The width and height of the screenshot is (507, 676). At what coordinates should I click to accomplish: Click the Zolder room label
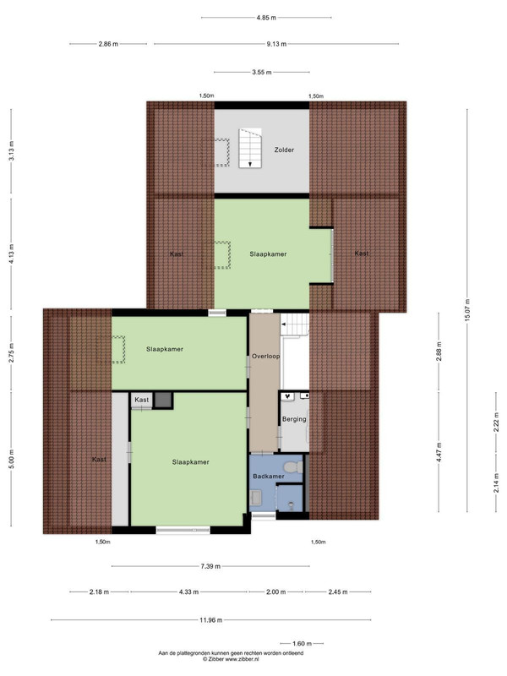click(284, 150)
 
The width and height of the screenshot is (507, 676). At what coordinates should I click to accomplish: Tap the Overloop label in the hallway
click(265, 356)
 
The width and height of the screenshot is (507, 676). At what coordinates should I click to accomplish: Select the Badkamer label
click(269, 477)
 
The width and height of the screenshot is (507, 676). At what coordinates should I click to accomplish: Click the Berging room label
click(294, 419)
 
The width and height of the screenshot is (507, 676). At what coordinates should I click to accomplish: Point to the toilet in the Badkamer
click(294, 466)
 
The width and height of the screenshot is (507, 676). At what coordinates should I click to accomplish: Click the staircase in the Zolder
click(250, 148)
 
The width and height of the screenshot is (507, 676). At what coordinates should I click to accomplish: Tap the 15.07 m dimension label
click(467, 310)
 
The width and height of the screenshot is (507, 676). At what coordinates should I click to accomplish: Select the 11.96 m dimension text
click(210, 620)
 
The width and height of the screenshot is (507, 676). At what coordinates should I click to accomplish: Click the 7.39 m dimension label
click(210, 566)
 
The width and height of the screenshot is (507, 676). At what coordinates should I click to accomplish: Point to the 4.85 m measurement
click(266, 18)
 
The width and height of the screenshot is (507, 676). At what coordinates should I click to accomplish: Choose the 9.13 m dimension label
click(276, 44)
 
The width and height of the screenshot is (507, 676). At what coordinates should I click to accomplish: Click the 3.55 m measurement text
click(262, 72)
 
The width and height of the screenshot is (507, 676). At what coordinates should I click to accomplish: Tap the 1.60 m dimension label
click(302, 644)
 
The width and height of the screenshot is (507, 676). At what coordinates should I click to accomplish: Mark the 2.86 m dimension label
click(108, 44)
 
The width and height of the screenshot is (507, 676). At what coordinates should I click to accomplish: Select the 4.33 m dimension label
click(188, 592)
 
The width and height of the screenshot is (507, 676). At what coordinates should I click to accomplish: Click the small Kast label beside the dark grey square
click(141, 400)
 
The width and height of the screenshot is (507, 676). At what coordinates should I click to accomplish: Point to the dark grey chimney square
click(163, 400)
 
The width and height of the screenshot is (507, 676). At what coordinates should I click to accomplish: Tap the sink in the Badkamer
click(255, 498)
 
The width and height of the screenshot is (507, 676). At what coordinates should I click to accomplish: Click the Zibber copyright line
click(231, 659)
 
